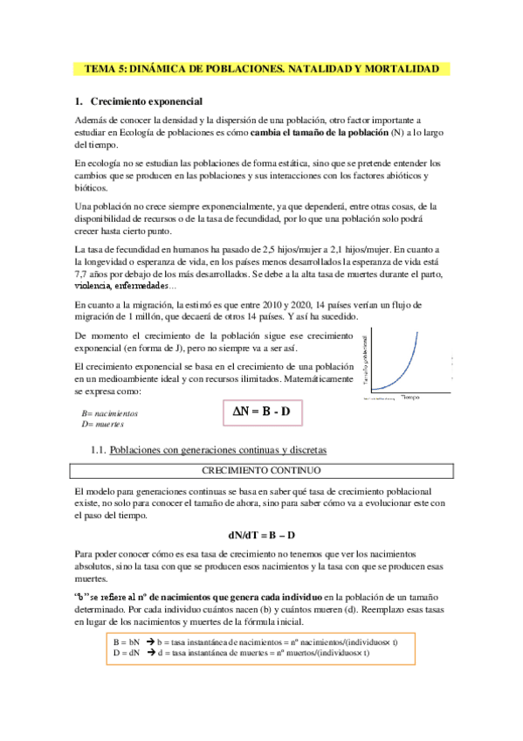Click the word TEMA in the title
tap(99, 67)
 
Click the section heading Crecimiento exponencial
tap(147, 101)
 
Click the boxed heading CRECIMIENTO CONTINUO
tap(262, 470)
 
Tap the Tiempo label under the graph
tap(410, 373)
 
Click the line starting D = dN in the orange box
tap(236, 653)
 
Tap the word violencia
tap(93, 287)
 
